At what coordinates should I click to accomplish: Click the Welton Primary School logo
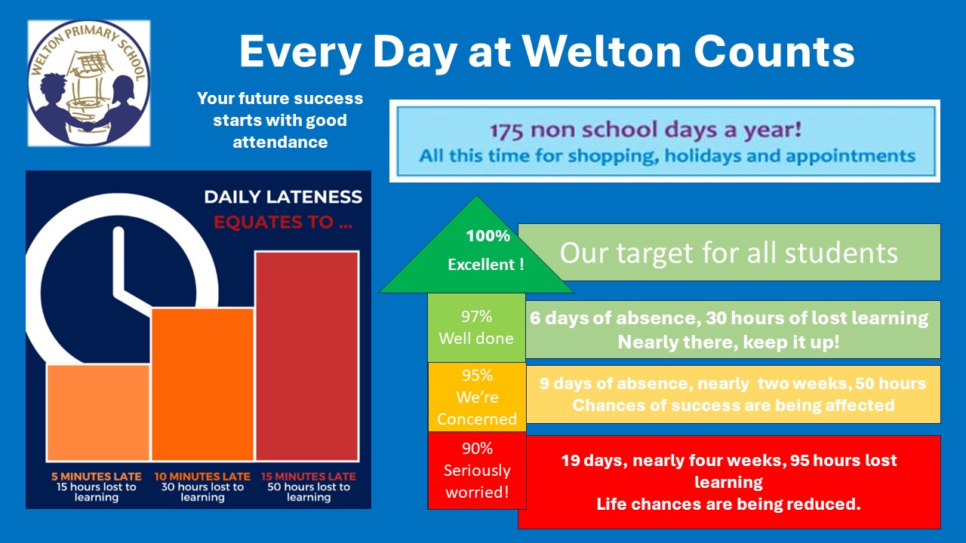click(x=89, y=83)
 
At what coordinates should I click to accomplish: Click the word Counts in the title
click(x=774, y=52)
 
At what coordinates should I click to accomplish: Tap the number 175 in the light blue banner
click(x=506, y=130)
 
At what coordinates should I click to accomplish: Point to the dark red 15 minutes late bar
click(x=307, y=356)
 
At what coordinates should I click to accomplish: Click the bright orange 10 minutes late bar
click(x=202, y=385)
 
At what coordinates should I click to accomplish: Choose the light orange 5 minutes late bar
click(x=98, y=413)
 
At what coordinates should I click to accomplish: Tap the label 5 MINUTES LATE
click(x=96, y=476)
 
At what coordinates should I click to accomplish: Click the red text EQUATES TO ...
click(x=283, y=222)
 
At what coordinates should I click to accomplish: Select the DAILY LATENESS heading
click(x=283, y=197)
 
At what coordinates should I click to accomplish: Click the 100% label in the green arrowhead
click(x=488, y=236)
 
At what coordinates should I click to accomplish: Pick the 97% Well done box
click(x=476, y=327)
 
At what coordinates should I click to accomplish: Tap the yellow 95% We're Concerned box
click(x=477, y=397)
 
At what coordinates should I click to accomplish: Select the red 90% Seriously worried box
click(x=477, y=471)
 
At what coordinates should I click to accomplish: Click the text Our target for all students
click(x=729, y=253)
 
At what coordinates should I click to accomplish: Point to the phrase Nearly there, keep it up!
click(x=729, y=342)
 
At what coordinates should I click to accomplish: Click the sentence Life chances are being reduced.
click(x=728, y=505)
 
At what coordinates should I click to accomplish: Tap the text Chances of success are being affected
click(x=733, y=405)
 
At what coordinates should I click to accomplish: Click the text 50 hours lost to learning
click(x=309, y=492)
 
